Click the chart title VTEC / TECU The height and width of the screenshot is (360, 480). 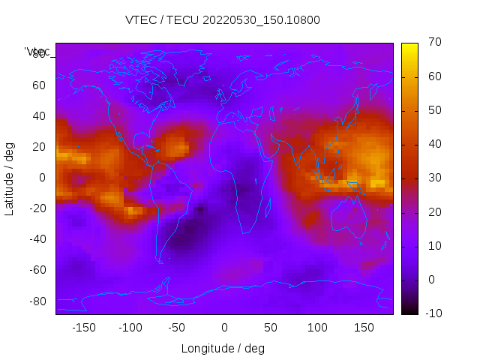point(223,20)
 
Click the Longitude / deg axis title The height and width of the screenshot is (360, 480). point(223,349)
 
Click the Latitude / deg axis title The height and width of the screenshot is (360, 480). point(10,178)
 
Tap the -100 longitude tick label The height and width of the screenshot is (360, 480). point(130,328)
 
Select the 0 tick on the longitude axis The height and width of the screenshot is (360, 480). point(223,328)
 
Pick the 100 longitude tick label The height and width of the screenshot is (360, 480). point(317,328)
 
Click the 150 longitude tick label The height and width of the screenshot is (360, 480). point(364,328)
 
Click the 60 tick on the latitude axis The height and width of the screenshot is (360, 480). point(39,85)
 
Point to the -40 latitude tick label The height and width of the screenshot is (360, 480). point(37,239)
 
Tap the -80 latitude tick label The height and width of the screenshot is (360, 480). point(37,301)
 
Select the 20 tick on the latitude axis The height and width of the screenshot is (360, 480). point(39,147)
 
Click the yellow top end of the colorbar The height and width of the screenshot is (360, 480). point(409,46)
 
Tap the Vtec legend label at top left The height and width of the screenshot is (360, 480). point(37,52)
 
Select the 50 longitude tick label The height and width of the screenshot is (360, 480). point(270,328)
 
